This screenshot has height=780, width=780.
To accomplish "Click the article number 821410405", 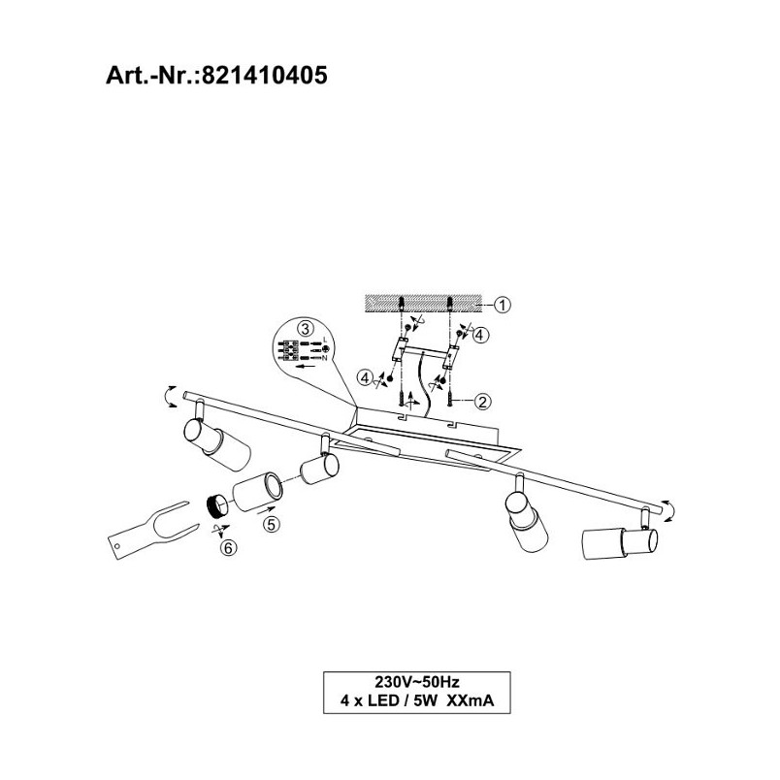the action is pos(265,76).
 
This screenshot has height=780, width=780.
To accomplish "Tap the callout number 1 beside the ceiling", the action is pos(503,305).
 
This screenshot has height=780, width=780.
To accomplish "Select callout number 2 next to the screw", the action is pos(482,401).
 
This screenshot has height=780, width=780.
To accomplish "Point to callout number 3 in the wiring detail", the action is pos(305,328).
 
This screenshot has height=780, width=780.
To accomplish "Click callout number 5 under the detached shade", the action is pos(272,524).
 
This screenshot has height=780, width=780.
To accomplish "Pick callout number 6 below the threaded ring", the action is pos(229,548).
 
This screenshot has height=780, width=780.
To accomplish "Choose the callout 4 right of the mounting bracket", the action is pos(480,336).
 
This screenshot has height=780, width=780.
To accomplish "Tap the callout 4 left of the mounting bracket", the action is pos(365,378).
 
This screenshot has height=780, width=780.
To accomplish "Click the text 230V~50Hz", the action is pos(417,681).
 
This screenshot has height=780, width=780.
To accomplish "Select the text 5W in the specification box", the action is pos(425,700).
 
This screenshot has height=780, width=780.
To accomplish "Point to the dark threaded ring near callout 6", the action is pos(217,505).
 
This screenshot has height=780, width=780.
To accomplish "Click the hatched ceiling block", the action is pos(423,304).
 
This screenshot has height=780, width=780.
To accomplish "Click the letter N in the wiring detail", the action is pos(324,358).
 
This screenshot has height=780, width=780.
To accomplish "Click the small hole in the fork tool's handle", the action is pos(117,546).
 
